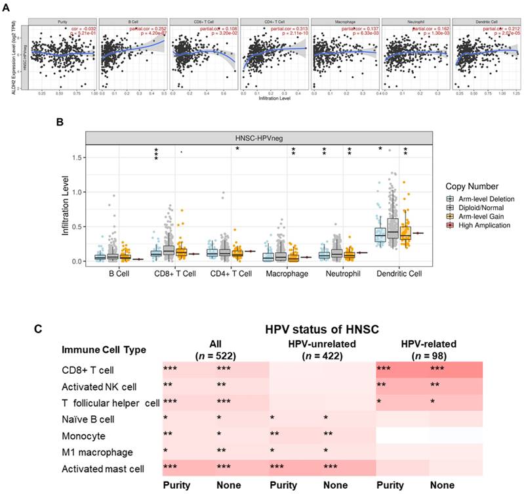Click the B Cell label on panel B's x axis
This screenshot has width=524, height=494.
click(x=121, y=272)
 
